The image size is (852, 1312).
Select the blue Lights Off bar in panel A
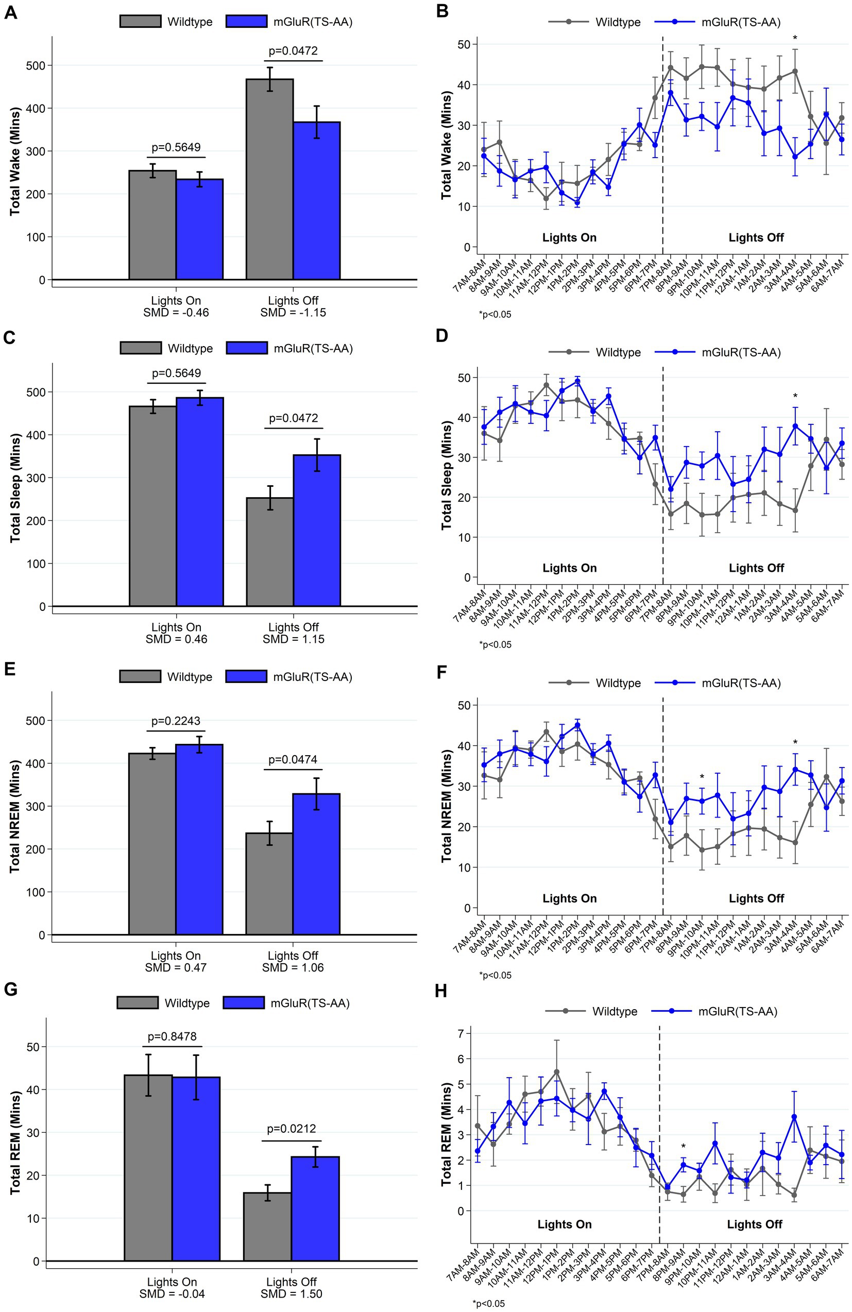[x=316, y=201]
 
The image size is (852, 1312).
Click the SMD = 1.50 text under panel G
[x=292, y=1293]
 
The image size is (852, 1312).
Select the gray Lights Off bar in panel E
[x=269, y=883]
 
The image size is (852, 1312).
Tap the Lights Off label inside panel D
[x=756, y=568]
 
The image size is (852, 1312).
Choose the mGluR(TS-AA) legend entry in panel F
[x=718, y=683]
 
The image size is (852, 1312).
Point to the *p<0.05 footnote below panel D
[x=495, y=644]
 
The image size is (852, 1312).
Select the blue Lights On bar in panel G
[x=196, y=1169]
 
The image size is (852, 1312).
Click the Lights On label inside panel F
[x=569, y=898]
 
